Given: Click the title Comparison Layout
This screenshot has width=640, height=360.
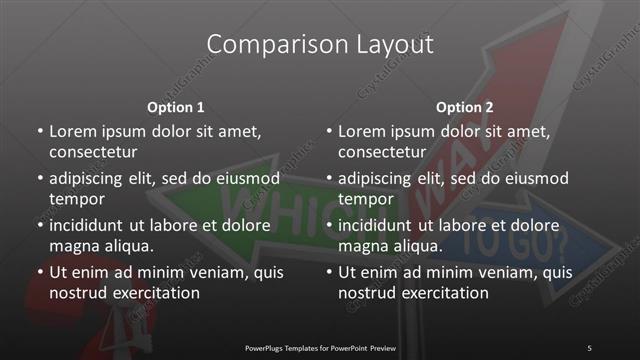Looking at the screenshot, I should [320, 45].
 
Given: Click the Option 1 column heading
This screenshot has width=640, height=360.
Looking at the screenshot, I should [176, 107].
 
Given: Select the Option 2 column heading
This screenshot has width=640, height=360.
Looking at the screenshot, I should [465, 107].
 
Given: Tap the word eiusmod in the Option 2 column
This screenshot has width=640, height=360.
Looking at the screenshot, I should [536, 178].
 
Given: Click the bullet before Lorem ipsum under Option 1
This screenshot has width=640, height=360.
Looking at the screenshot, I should [39, 132].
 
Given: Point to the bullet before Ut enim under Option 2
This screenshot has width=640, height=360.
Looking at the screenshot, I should [328, 272].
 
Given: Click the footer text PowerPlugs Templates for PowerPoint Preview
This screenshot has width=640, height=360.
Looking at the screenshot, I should [320, 348].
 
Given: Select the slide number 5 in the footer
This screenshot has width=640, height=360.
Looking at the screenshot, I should [589, 348].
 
